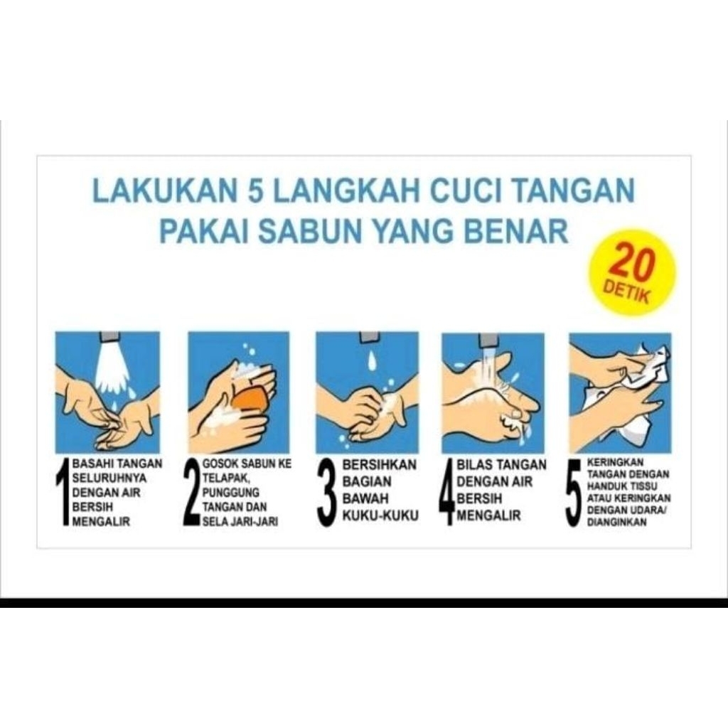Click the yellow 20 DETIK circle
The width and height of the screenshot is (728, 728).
tap(631, 272)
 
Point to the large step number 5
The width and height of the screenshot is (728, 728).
tap(574, 493)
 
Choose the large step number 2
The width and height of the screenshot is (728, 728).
tap(191, 493)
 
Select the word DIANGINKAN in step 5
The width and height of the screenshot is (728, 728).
tap(617, 522)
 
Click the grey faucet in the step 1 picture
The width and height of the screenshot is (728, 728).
tap(109, 336)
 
